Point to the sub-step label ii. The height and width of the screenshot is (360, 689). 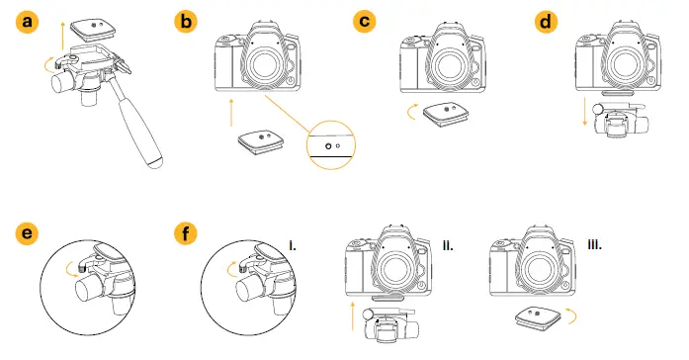pyautogui.click(x=447, y=241)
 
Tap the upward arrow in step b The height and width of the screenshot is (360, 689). pyautogui.click(x=231, y=112)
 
